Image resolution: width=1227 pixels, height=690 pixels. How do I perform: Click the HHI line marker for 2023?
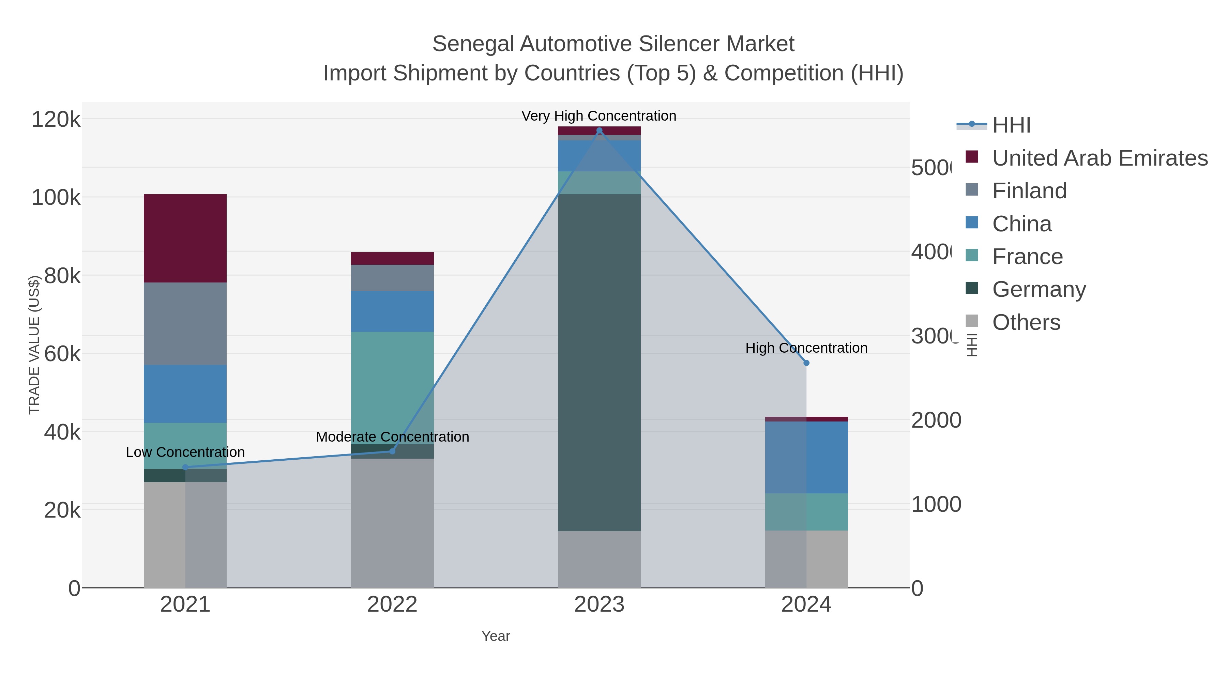599,131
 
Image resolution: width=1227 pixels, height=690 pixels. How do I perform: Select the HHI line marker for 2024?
806,363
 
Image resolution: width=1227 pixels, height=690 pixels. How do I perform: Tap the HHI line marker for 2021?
185,467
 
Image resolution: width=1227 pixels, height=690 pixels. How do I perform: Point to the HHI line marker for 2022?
393,451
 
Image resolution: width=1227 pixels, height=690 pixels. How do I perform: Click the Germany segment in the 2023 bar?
599,362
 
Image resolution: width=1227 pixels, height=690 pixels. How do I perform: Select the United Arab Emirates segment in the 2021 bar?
185,238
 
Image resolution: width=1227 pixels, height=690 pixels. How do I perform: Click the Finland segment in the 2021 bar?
185,324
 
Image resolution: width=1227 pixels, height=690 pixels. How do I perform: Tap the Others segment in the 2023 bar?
599,559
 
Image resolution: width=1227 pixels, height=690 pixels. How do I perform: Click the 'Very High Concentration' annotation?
599,116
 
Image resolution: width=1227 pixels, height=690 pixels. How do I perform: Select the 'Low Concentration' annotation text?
185,452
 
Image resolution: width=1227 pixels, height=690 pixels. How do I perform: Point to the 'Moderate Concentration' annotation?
393,437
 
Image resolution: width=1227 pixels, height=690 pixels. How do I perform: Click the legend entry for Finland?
1029,191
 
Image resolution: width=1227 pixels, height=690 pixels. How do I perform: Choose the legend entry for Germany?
1039,290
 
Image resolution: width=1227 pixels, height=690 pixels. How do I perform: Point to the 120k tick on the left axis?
56,119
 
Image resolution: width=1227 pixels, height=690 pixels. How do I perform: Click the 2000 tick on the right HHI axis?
936,420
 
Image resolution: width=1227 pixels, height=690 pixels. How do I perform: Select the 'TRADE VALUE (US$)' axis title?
34,345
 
